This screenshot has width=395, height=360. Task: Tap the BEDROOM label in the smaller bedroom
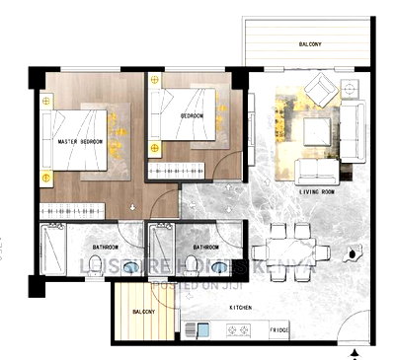pos(192,115)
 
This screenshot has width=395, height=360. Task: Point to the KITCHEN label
pos(239,308)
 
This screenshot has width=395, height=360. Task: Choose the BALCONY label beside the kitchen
pos(143,313)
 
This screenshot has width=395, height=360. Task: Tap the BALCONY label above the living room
pos(315,45)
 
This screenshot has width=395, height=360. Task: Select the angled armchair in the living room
pos(322,95)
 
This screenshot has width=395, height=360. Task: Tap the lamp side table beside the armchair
pos(353,92)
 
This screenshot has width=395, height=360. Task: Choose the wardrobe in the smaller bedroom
pos(176,170)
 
